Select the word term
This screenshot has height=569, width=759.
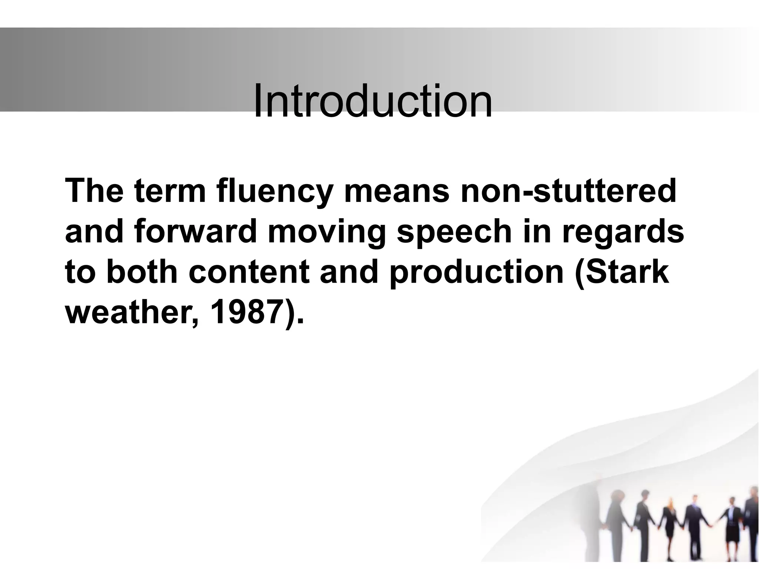[170, 192]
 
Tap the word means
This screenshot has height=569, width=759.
[396, 192]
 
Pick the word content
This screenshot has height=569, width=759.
[249, 272]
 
